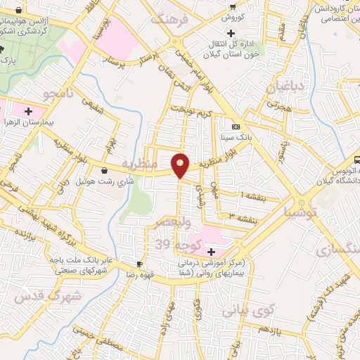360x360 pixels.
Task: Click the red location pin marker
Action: point(181,165)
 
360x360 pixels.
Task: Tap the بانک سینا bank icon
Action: point(235,127)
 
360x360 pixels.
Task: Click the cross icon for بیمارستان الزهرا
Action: point(29,111)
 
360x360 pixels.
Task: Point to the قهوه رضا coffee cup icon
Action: point(140,264)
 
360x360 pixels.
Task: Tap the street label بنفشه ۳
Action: point(238,216)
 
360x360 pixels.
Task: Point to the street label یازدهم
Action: point(269,328)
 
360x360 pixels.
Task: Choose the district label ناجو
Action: point(53,93)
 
